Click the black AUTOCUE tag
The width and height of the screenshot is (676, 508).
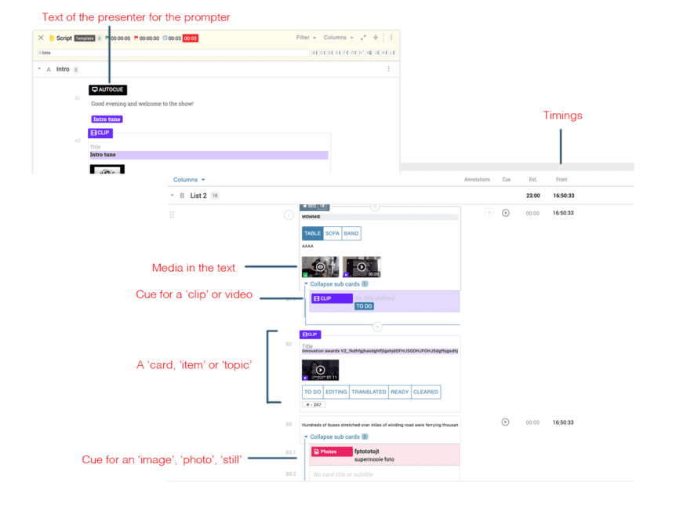coord(107,90)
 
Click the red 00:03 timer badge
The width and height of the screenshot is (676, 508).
coord(190,38)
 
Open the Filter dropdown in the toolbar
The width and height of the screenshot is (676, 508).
coord(306,38)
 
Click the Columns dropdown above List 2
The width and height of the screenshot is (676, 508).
coord(189,180)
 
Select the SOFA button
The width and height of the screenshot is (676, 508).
coord(332,234)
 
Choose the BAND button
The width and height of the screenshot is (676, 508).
coord(351,234)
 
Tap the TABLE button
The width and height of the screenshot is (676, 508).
coord(312,234)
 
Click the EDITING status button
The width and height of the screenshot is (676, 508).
coord(336,392)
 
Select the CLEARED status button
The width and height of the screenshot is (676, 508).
coord(426,392)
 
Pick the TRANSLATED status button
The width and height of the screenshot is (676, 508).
coord(369,392)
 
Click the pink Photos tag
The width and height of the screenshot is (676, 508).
coord(329,452)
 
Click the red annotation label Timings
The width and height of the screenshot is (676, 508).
coord(562,115)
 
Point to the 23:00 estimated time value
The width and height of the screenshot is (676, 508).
coord(532,196)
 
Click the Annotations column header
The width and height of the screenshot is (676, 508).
coord(477,180)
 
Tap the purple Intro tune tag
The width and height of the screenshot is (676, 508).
coord(107,119)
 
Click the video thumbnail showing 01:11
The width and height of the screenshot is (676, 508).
coord(320,370)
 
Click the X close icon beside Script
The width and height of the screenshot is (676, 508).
coord(41,38)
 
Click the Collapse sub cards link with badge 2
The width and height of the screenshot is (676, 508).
coord(335,437)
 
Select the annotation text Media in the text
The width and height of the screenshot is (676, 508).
coord(194,268)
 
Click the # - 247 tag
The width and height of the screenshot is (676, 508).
coord(314,404)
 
